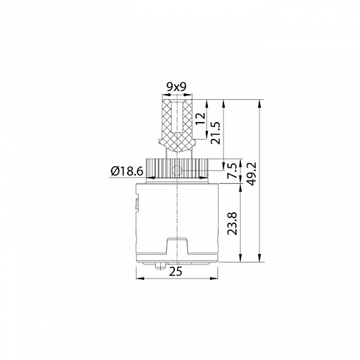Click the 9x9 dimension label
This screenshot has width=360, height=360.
[x=176, y=87]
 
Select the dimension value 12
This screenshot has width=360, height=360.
[x=201, y=118]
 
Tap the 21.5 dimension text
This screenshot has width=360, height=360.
[x=216, y=132]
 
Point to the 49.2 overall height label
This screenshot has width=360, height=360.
[x=251, y=173]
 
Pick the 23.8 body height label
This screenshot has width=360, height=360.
[x=232, y=223]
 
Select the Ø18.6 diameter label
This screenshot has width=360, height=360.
[x=127, y=171]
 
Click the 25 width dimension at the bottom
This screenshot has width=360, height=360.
[x=176, y=271]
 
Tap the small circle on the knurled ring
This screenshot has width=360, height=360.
[x=176, y=170]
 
